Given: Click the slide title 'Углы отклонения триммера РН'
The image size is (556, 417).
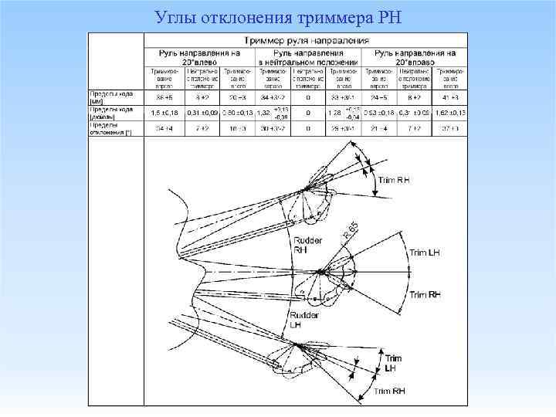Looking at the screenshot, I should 277,16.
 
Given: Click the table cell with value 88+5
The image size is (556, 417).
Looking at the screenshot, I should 164,98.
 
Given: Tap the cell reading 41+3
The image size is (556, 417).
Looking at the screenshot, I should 452,98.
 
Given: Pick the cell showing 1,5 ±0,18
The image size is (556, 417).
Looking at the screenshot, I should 164,113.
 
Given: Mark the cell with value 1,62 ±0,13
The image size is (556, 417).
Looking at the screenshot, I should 451,113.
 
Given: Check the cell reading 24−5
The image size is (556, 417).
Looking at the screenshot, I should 379,98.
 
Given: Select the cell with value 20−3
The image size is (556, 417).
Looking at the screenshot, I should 237,98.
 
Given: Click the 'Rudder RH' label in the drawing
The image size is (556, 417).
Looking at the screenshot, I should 302,245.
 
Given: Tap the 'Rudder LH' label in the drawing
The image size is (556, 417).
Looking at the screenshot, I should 300,320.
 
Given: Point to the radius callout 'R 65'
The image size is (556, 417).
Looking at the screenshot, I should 350,229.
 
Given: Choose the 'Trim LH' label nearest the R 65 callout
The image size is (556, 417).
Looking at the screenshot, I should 424,253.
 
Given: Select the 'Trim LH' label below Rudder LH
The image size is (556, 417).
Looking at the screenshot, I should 393,363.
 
